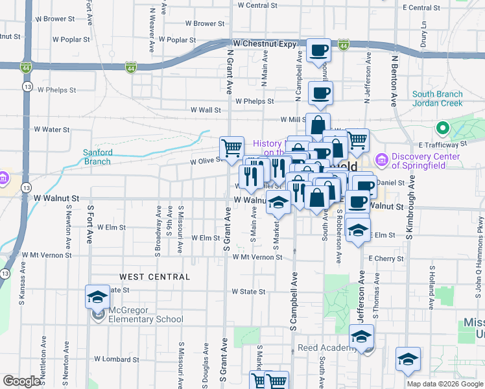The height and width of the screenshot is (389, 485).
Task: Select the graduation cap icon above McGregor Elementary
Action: [97, 298]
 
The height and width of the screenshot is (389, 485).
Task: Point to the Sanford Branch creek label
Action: [98, 157]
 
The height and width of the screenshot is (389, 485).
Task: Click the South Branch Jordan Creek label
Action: [438, 99]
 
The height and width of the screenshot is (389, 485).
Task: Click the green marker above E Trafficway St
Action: [444, 128]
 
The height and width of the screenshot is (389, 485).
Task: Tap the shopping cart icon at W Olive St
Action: [231, 147]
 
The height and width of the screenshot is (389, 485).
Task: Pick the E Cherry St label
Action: [385, 258]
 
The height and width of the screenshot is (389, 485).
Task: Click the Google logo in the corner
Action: [22, 381]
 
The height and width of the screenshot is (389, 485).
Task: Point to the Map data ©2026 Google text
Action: [444, 384]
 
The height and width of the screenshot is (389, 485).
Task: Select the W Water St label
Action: [51, 130]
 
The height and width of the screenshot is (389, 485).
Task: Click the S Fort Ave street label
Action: [90, 224]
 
